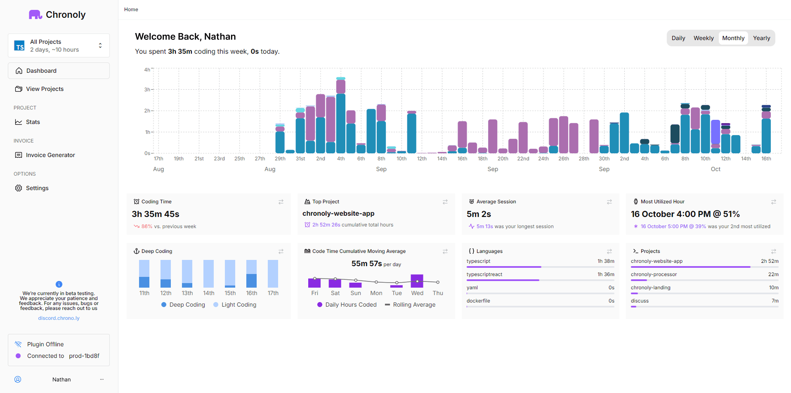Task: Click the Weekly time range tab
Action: coord(703,38)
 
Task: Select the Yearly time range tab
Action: coord(761,38)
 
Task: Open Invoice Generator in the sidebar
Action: coord(50,155)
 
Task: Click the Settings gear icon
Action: coord(19,188)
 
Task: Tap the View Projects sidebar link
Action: coord(45,89)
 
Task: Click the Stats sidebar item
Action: coord(33,122)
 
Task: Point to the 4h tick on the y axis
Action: coord(147,70)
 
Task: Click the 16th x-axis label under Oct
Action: coord(766,159)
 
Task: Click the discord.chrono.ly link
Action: coord(59,318)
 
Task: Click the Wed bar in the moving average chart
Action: coord(417,281)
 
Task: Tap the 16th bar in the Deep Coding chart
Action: coord(251,274)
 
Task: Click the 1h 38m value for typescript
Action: coord(606,261)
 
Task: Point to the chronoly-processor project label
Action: coord(654,274)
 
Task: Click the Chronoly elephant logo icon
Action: coord(35,15)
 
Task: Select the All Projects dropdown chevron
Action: coord(100,45)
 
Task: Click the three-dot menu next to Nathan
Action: coord(102,379)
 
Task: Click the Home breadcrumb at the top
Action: coord(131,10)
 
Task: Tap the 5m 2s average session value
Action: coord(479,214)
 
